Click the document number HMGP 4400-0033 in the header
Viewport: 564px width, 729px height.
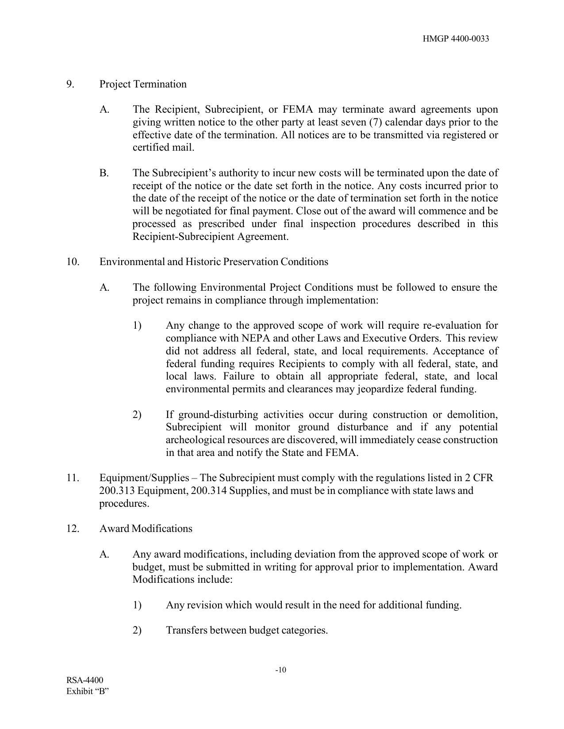[x=456, y=39]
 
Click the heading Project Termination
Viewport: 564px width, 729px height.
[x=143, y=84]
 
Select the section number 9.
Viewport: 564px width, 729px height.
[x=70, y=84]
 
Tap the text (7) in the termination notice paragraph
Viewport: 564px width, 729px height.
[x=375, y=122]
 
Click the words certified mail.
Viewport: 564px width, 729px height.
[x=163, y=148]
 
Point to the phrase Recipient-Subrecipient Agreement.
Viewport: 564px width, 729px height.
[x=210, y=236]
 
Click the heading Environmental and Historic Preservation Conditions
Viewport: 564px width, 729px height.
[x=214, y=262]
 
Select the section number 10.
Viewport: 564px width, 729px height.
[x=73, y=262]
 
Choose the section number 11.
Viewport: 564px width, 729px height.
[x=73, y=478]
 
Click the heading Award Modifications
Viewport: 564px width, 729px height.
[x=146, y=529]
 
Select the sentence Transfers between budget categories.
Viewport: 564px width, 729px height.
[x=246, y=630]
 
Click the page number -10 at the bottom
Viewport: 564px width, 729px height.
[x=281, y=670]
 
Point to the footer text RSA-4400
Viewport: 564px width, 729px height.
[x=85, y=680]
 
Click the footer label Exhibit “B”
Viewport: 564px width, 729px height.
[x=88, y=691]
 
